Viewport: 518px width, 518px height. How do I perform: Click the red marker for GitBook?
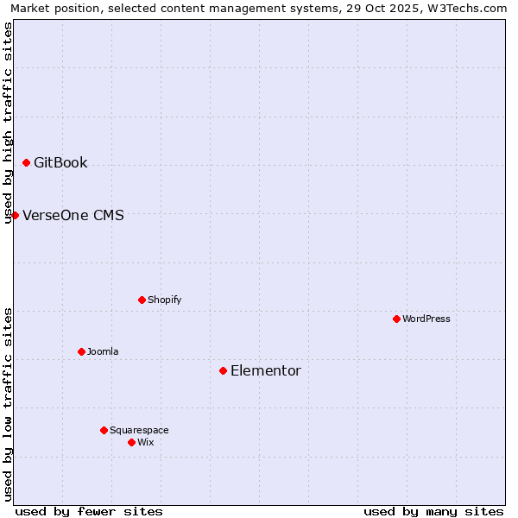click(26, 162)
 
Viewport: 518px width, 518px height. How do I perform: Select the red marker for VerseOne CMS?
click(15, 215)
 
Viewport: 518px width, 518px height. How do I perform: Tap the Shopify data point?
click(142, 300)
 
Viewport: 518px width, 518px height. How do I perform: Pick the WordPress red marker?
click(396, 319)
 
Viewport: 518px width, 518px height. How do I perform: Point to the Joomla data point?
click(81, 351)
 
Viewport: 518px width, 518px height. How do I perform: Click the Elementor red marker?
click(223, 370)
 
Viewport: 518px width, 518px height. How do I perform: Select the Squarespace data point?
click(104, 430)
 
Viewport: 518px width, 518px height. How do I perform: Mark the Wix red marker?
click(131, 442)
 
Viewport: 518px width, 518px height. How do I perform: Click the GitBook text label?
click(60, 162)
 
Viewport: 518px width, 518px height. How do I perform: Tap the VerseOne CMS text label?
click(73, 215)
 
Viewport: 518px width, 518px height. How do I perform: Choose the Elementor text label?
click(266, 370)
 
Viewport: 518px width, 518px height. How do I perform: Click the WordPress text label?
click(426, 319)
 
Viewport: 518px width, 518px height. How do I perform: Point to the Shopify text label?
click(165, 300)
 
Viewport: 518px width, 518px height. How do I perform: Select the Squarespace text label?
click(139, 430)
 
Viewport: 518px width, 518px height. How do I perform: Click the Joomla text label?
click(103, 351)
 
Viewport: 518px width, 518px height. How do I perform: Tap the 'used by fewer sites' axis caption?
click(89, 511)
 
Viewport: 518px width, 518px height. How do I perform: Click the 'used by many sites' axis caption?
click(433, 511)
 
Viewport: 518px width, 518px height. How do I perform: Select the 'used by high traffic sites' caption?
click(8, 123)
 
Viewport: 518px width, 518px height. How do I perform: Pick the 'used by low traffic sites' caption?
click(8, 404)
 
